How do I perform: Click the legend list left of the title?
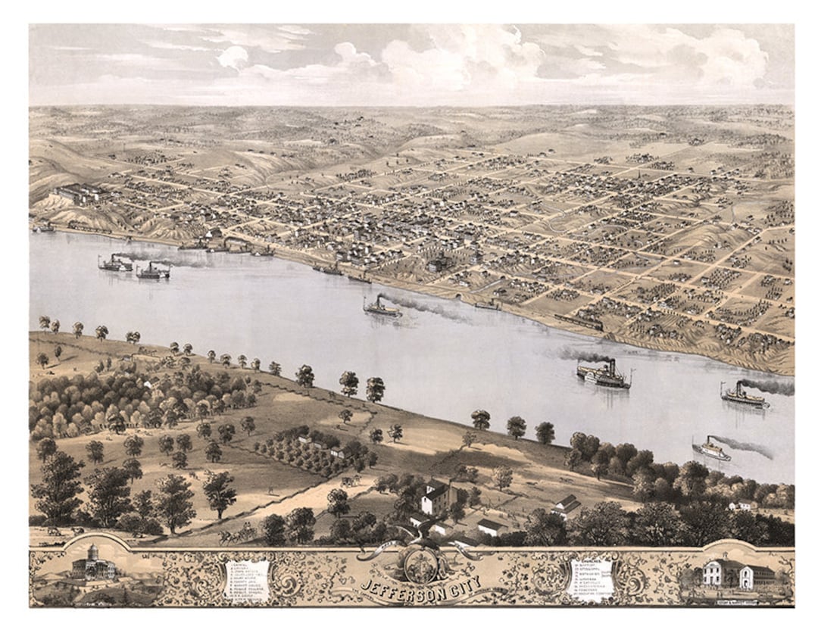tap(248, 578)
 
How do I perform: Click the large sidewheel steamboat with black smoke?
tap(604, 375)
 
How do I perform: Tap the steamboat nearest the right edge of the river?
tap(744, 397)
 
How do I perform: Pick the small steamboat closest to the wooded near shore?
tap(711, 450)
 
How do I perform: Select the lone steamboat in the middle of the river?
tap(382, 307)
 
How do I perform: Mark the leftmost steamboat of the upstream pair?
tap(115, 263)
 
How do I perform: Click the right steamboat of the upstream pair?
tap(154, 271)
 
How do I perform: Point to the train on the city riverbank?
tap(579, 322)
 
